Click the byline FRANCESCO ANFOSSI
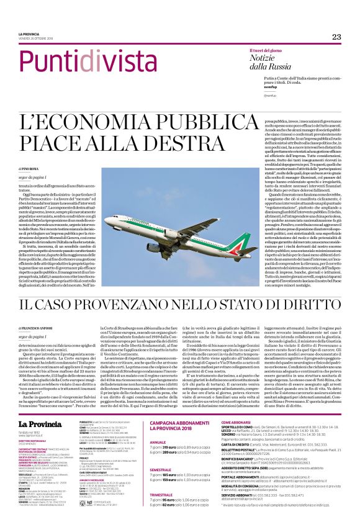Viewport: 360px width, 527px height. coord(37,327)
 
